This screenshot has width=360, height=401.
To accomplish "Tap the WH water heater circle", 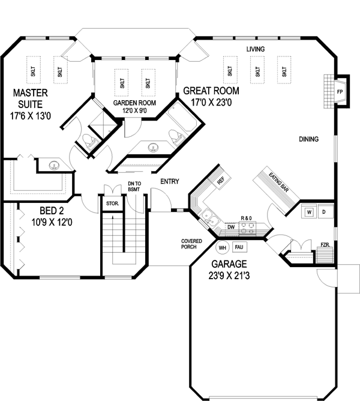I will (223, 247).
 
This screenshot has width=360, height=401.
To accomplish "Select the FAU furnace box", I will (239, 247).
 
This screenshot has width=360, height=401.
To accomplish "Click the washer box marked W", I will (308, 212).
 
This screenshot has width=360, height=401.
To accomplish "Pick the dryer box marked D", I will (323, 212).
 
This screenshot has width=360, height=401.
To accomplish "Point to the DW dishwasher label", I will (231, 227).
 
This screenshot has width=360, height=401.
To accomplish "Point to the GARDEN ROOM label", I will (135, 103).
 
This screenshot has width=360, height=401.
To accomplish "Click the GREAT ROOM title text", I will (211, 91).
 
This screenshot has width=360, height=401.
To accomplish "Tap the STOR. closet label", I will (112, 204).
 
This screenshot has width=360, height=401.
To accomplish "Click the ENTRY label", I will (169, 181).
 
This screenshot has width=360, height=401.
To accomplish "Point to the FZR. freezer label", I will (325, 245).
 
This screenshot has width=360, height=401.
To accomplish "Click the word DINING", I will (308, 139).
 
